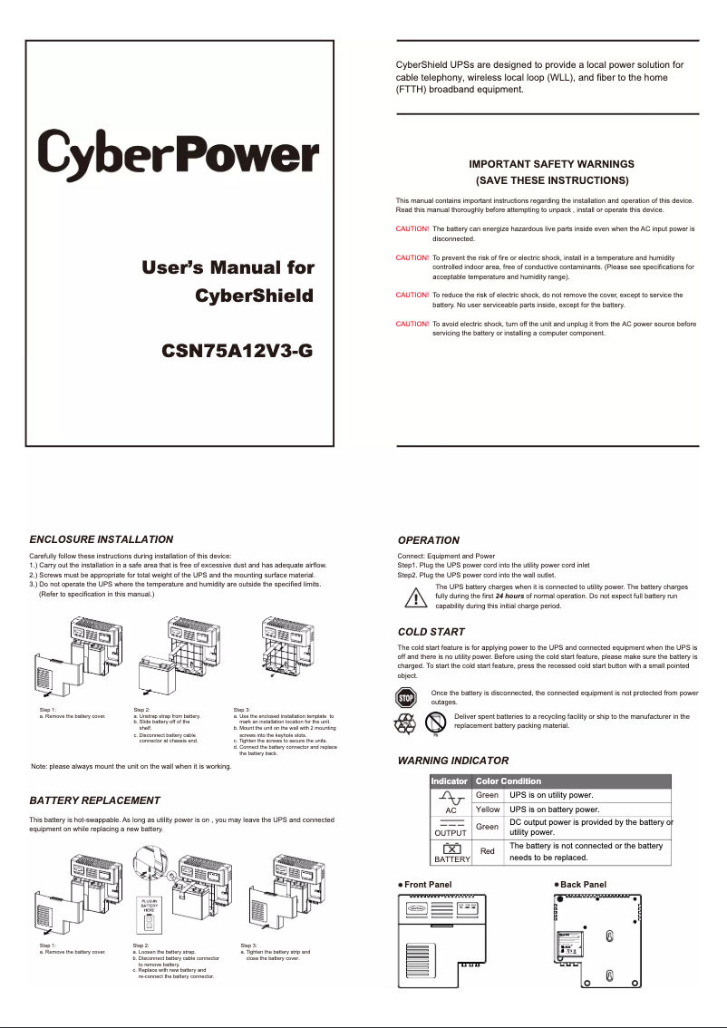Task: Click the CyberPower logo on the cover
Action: (x=178, y=152)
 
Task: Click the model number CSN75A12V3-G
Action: (x=237, y=351)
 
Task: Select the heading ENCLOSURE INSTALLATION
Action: (x=101, y=539)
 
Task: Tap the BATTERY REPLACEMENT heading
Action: (x=94, y=800)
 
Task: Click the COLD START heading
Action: (x=431, y=631)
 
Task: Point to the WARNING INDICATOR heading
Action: (x=453, y=761)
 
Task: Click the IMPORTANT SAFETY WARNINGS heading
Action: (x=551, y=164)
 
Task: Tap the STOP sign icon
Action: (x=406, y=697)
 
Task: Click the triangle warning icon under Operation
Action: (x=415, y=598)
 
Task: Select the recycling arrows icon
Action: (x=403, y=723)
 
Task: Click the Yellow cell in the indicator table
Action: (x=488, y=810)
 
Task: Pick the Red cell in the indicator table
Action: (x=488, y=851)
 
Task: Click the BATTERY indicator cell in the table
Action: (x=451, y=852)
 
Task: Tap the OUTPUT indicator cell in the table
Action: (x=451, y=827)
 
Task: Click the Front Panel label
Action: (x=427, y=884)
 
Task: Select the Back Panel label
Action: (x=583, y=884)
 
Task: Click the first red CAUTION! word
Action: (x=412, y=230)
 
